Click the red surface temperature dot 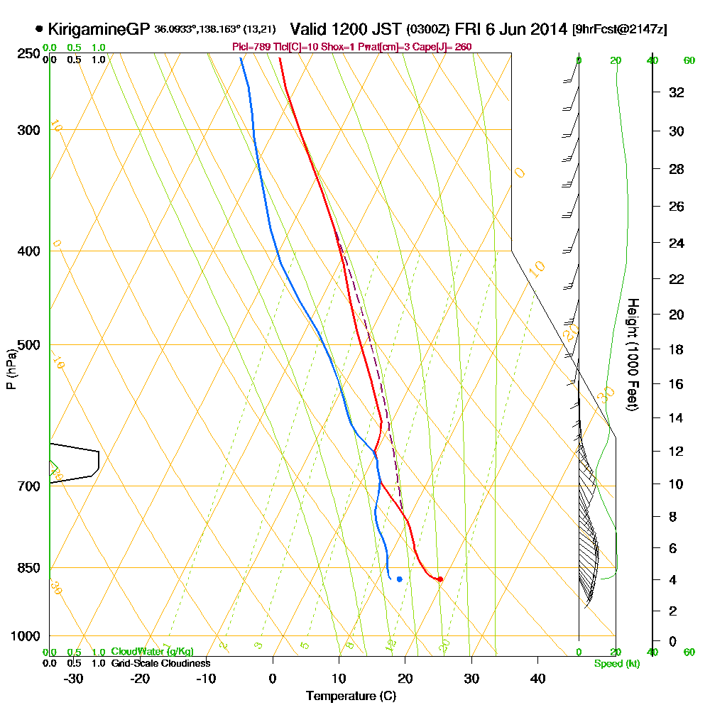click(440, 579)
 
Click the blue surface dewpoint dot click(400, 579)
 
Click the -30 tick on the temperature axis click(74, 678)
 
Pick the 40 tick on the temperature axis click(538, 678)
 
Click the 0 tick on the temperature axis click(273, 678)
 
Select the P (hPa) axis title click(11, 368)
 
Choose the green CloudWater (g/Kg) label click(152, 651)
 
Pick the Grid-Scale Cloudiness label click(160, 663)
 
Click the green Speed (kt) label click(615, 663)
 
